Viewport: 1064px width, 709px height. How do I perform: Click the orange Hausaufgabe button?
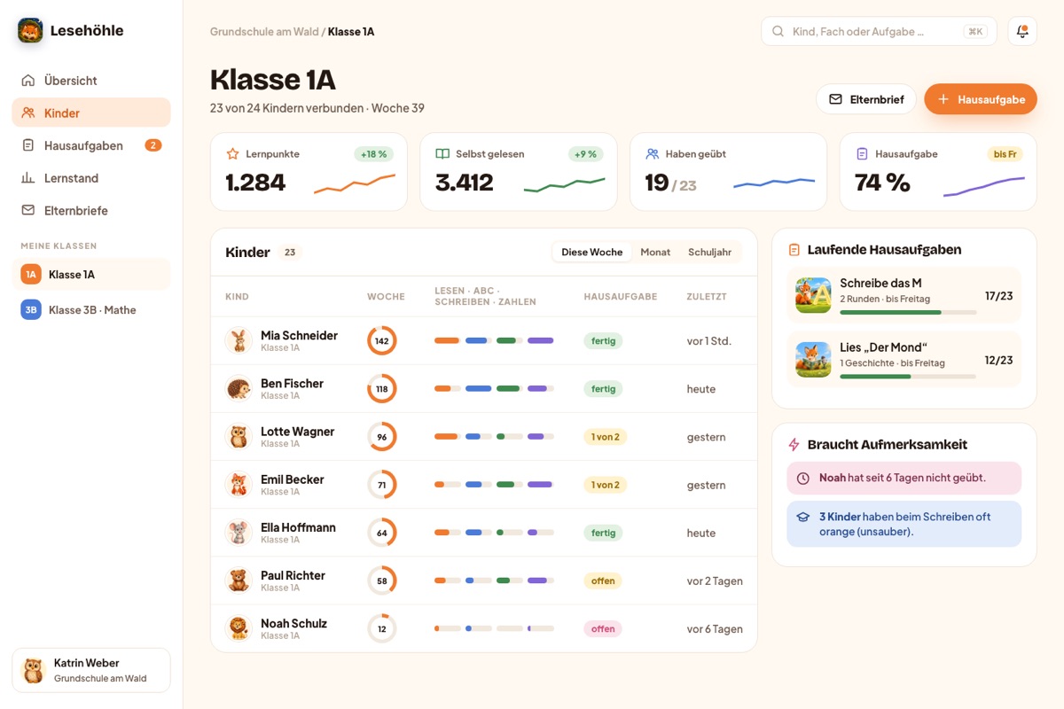981,99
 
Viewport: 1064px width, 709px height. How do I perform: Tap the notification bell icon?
1022,31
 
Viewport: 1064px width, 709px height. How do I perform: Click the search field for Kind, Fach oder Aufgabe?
879,31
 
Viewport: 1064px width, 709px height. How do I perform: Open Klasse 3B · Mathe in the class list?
91,309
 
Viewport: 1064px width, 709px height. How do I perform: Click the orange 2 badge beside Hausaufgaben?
153,145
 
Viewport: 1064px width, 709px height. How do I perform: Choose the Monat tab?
655,253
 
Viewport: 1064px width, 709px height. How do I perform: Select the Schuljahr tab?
709,253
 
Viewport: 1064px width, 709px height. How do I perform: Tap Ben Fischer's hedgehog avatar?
239,388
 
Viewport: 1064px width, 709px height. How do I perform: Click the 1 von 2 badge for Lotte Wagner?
605,437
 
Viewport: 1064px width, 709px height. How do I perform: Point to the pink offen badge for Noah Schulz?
603,628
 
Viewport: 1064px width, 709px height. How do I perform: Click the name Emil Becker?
292,479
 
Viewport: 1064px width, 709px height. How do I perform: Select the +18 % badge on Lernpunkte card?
374,154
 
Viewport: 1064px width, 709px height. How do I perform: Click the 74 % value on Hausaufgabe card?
882,183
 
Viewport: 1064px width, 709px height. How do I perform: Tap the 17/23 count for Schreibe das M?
998,296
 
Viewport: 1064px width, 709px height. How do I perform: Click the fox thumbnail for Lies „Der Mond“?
813,360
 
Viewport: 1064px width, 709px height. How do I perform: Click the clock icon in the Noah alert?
802,479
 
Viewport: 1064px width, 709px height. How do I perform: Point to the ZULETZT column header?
707,296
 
